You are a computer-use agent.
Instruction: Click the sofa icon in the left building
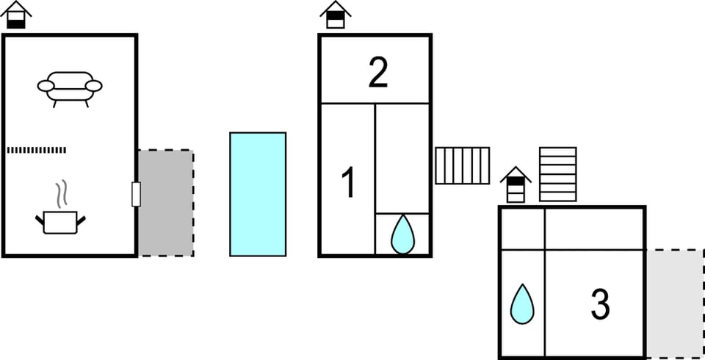tap(70, 87)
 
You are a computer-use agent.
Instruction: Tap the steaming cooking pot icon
tap(60, 220)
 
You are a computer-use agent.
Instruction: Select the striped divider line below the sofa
tap(37, 150)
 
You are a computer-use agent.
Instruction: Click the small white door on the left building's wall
tap(136, 194)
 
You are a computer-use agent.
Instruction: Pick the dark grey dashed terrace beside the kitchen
tap(167, 203)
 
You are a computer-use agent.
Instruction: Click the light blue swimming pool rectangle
tap(258, 194)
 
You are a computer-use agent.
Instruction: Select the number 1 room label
tap(349, 183)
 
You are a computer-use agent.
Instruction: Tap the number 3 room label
tap(600, 305)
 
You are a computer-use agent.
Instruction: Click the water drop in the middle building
tap(402, 234)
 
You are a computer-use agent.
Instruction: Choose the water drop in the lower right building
tap(522, 303)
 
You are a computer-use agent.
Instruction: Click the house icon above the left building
tap(16, 15)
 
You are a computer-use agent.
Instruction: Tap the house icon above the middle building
tap(336, 15)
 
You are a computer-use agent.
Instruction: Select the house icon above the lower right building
tap(516, 184)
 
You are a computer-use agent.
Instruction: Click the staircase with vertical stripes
tap(462, 165)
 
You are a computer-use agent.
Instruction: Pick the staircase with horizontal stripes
tap(558, 174)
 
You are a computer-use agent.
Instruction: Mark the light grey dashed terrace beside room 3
tap(674, 303)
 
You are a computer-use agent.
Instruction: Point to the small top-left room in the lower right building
tap(522, 228)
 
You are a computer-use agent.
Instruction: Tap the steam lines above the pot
tap(63, 192)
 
